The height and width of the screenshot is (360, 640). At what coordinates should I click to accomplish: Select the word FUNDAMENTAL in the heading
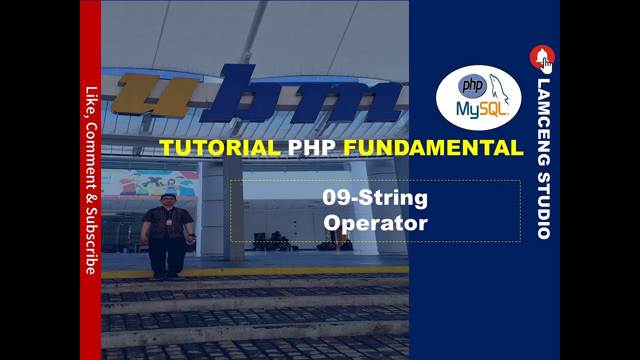point(433,147)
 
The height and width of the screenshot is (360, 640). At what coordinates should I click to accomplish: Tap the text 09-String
point(375,198)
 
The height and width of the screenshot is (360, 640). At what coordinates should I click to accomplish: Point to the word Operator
point(375,222)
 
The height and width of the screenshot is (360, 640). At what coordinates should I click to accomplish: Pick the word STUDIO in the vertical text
point(544,205)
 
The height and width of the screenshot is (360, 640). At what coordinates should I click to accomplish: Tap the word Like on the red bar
point(90,97)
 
